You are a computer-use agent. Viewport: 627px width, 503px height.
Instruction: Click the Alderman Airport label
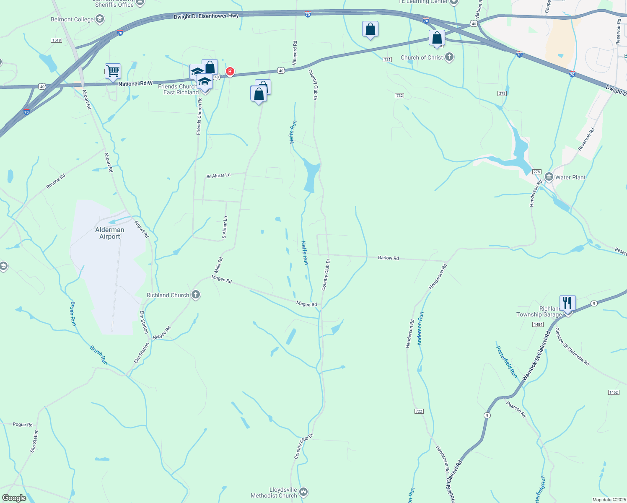[110, 233]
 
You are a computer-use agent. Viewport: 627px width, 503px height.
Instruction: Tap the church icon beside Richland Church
[196, 295]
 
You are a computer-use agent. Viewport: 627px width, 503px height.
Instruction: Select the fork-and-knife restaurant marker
[567, 303]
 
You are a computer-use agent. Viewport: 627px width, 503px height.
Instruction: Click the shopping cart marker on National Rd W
[113, 71]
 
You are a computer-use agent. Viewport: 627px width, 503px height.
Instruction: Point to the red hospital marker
[230, 72]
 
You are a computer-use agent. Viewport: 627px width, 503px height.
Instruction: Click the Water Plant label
[570, 177]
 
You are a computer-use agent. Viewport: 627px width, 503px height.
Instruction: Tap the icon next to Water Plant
[549, 177]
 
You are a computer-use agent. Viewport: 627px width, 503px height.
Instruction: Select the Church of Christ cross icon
[449, 57]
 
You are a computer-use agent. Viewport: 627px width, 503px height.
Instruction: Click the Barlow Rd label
[389, 258]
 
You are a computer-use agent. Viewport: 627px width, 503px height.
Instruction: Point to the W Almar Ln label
[218, 176]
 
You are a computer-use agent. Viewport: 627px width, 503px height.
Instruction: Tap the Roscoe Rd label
[56, 181]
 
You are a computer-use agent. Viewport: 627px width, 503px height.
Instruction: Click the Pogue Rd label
[23, 425]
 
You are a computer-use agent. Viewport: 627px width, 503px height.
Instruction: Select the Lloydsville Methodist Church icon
[303, 491]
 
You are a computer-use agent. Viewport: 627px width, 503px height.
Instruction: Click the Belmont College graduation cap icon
[100, 19]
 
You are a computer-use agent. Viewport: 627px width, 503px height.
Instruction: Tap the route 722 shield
[419, 411]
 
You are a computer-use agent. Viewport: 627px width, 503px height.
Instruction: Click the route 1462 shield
[613, 392]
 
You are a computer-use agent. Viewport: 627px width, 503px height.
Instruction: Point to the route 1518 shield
[56, 40]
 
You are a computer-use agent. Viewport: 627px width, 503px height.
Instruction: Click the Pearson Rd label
[516, 409]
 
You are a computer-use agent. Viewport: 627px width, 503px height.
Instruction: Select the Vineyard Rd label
[295, 49]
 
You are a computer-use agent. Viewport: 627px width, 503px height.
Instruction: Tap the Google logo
[14, 498]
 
